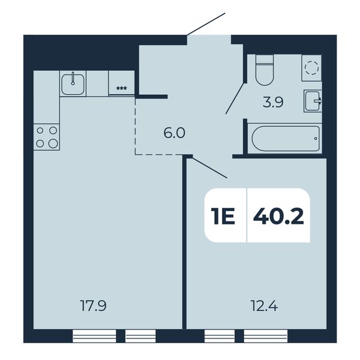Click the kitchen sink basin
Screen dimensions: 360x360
[x=73, y=84]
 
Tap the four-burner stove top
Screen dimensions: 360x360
[x=47, y=137]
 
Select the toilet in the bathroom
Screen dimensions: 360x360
[x=265, y=70]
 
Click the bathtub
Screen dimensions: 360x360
[x=286, y=139]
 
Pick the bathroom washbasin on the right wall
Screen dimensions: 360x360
[x=313, y=101]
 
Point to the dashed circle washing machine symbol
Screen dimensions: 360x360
[x=312, y=68]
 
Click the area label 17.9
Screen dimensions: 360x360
[x=93, y=306]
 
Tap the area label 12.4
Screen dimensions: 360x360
[x=265, y=306]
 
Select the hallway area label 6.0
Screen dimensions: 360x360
[x=174, y=133]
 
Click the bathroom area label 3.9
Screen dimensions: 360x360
[x=273, y=103]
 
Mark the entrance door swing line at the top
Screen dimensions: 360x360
[x=206, y=25]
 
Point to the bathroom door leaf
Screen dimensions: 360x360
[x=235, y=99]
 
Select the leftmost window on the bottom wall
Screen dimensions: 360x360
[x=94, y=336]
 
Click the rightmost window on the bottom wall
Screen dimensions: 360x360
[x=265, y=336]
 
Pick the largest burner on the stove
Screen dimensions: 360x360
[x=53, y=144]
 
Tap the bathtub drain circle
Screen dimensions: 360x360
[x=316, y=139]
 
